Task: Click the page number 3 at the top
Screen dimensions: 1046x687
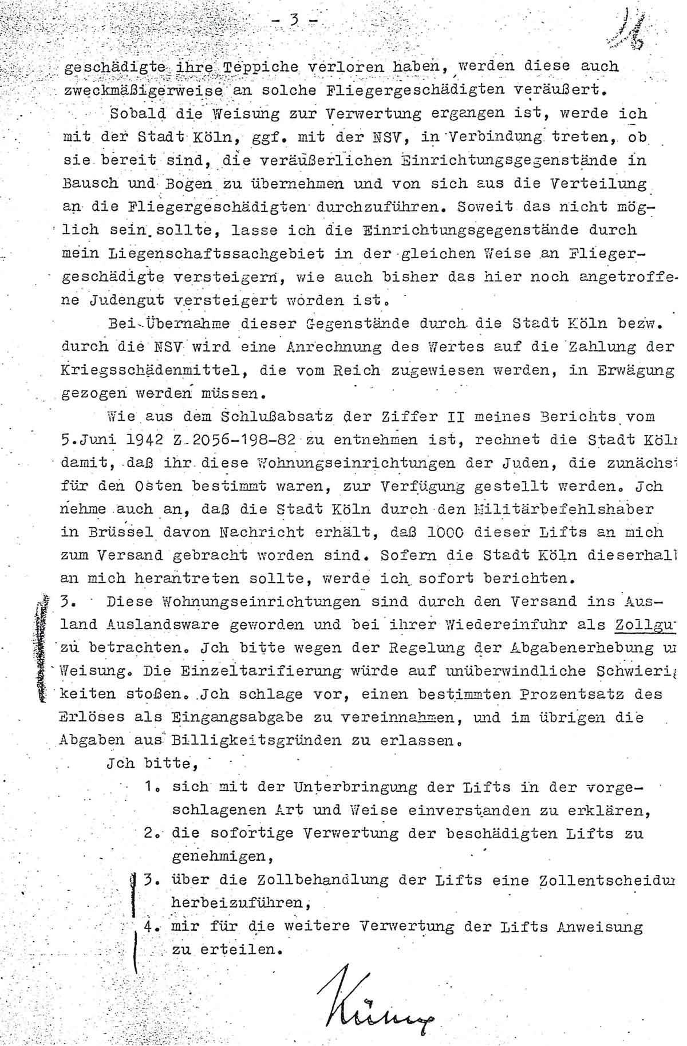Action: click(294, 21)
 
